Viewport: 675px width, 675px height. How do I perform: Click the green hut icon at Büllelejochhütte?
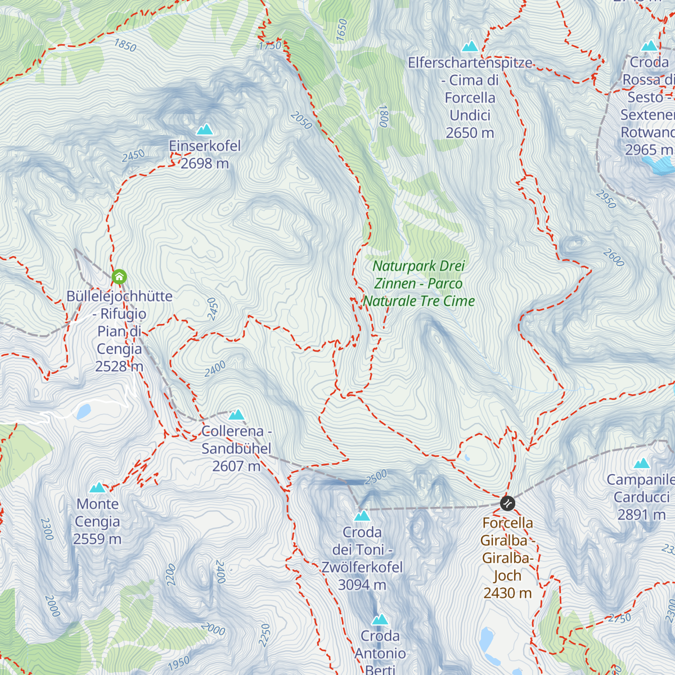(119, 277)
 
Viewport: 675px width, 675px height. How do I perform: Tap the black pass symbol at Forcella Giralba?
(507, 503)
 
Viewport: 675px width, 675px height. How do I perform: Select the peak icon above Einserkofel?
(204, 130)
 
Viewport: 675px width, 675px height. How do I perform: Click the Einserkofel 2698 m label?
(205, 155)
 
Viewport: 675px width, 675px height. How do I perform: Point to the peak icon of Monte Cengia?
(98, 488)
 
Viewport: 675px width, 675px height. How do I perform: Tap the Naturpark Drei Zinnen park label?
(419, 283)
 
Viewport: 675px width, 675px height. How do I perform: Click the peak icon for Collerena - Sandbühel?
(236, 415)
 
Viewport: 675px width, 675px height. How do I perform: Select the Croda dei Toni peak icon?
(362, 516)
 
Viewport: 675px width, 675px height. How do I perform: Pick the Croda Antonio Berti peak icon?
(380, 620)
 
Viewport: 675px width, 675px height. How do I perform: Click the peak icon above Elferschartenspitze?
(470, 46)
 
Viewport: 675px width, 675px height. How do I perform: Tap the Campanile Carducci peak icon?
(642, 464)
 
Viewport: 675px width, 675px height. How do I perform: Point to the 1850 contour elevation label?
(125, 45)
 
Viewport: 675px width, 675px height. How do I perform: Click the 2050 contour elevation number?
(301, 120)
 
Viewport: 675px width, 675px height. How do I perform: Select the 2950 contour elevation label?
(606, 199)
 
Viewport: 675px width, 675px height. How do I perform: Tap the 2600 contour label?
(614, 258)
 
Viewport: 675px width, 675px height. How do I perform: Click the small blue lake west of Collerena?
(84, 412)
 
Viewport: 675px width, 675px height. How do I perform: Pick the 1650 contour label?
(342, 30)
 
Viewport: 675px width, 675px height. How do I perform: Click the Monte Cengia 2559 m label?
(97, 521)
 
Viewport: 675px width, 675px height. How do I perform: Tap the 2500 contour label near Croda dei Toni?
(376, 477)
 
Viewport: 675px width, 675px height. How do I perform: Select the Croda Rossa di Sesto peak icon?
(650, 46)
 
